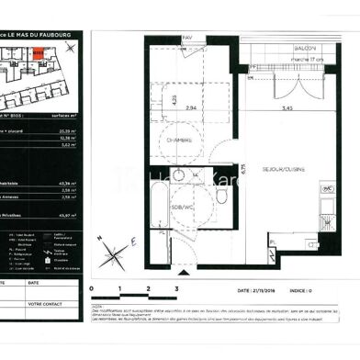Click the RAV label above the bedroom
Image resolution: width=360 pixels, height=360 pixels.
(x=188, y=38)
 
